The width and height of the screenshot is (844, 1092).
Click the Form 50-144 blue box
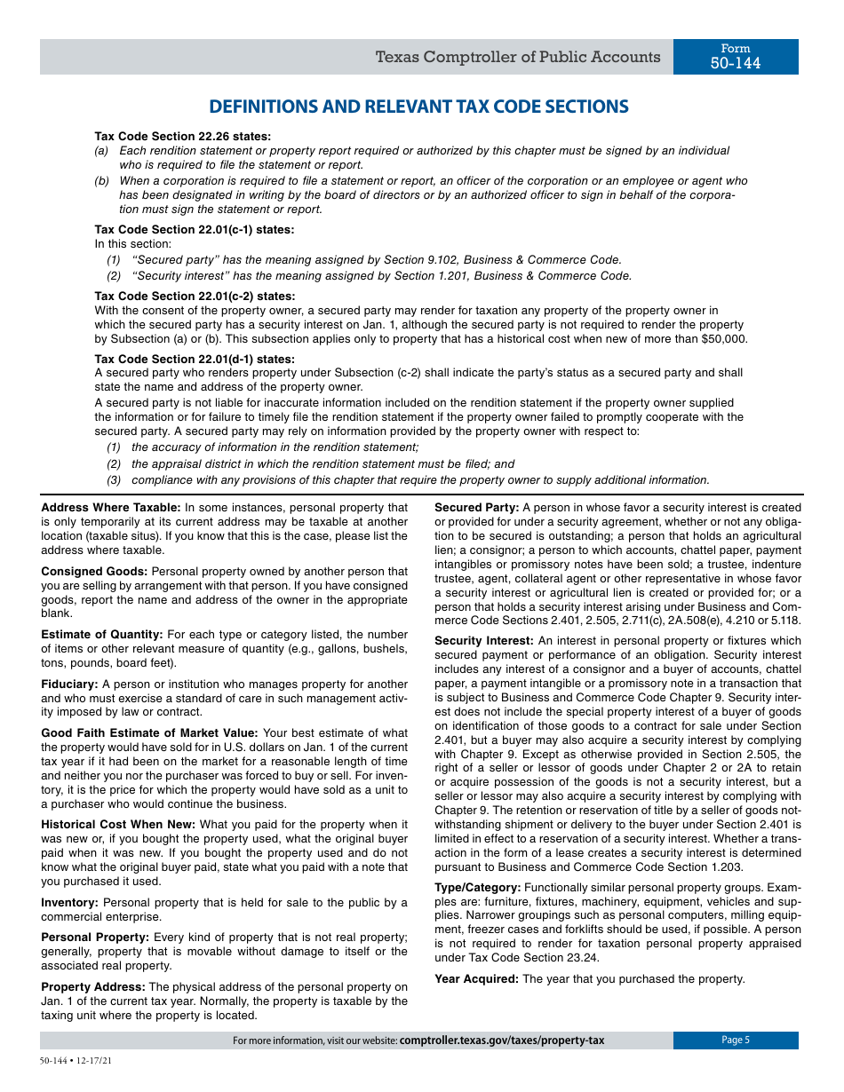pos(735,57)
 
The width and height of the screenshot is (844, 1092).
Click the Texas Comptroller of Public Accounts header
pos(517,58)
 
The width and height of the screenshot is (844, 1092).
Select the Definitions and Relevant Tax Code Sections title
pos(418,107)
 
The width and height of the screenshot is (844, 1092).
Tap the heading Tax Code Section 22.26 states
pos(183,137)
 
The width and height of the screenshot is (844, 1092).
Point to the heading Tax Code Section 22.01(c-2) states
pos(195,296)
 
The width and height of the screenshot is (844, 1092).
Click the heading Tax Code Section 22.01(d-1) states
pos(195,359)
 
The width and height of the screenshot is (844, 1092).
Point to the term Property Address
pos(93,986)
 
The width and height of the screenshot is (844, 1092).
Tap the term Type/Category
pos(477,887)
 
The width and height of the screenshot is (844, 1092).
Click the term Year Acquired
pos(476,978)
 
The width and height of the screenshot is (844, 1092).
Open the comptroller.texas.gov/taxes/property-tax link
pos(502,1041)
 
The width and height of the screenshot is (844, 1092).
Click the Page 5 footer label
pos(735,1041)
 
